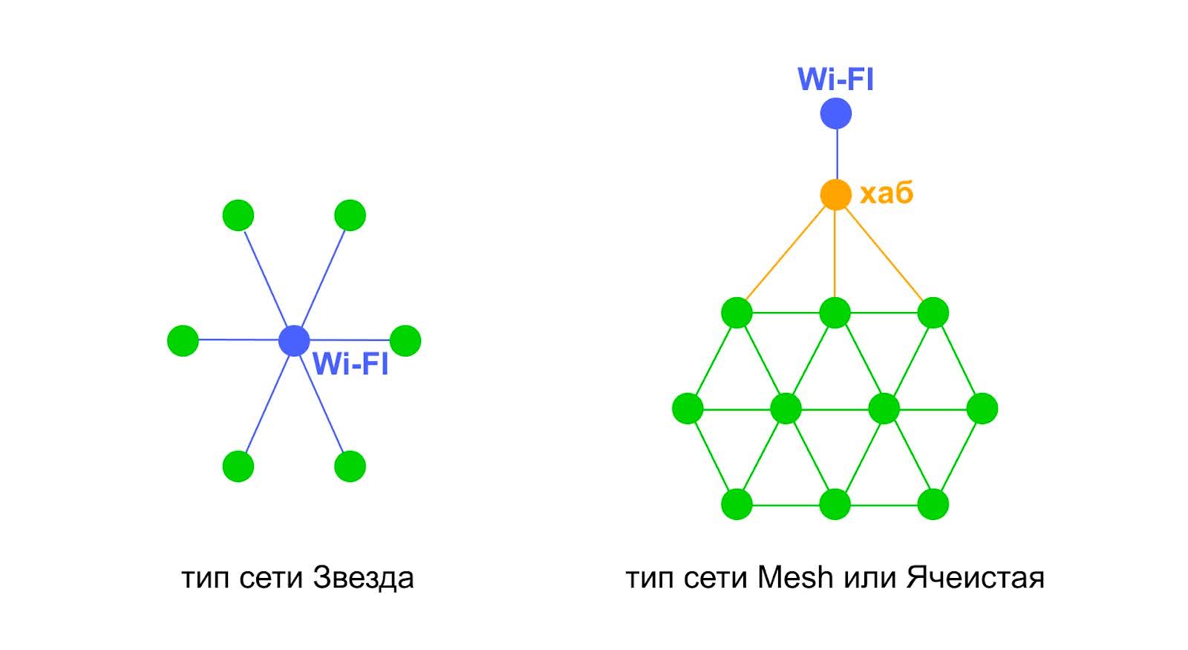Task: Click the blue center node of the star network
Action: (x=294, y=340)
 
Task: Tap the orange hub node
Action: (x=835, y=195)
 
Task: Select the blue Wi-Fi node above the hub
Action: (x=835, y=114)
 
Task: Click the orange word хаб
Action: (x=886, y=194)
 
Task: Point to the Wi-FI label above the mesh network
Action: (x=835, y=79)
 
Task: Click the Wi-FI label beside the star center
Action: (x=350, y=364)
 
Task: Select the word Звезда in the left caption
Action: (x=363, y=578)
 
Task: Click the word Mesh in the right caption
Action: (x=795, y=577)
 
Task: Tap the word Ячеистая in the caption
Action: (x=974, y=577)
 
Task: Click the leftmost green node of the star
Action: (x=183, y=340)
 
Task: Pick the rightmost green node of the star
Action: (x=405, y=340)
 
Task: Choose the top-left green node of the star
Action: (x=238, y=215)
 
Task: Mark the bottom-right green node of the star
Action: (x=350, y=467)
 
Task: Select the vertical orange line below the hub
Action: (x=835, y=253)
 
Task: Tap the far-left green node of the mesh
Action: (x=688, y=409)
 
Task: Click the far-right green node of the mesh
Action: (x=982, y=409)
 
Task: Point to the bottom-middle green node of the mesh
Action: (x=835, y=505)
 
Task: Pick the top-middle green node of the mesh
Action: (x=835, y=313)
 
